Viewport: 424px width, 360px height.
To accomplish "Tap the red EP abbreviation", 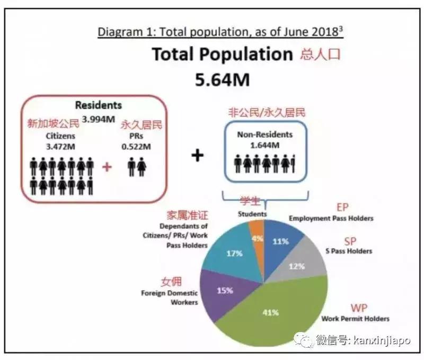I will coord(343,207).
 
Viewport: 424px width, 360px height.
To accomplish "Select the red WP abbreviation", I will coord(359,308).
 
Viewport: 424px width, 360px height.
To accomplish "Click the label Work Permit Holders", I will coord(355,319).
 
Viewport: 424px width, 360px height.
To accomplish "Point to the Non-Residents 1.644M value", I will coord(264,145).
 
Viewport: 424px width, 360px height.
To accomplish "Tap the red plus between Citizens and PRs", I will coord(107,167).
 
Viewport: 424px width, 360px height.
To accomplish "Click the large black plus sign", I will coord(197,156).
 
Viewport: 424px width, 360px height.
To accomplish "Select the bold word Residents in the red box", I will coord(98,105).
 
